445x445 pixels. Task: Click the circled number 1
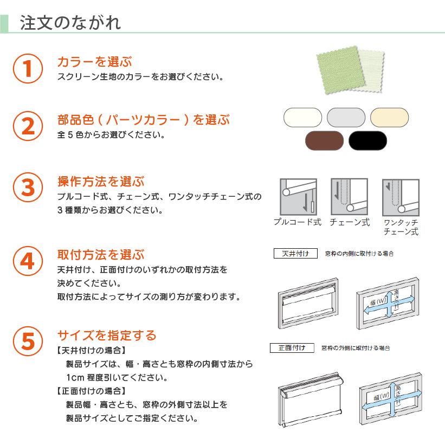(28, 68)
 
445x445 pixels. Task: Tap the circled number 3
(28, 188)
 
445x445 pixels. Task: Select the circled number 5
(28, 341)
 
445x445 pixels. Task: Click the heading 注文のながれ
(70, 23)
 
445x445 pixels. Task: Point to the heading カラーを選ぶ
(94, 62)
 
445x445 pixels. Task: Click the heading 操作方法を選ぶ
(101, 182)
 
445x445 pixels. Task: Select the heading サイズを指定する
(107, 335)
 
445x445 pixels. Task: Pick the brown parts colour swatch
(324, 140)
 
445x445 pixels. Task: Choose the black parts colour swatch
(367, 140)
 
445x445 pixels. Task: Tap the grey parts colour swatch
(346, 117)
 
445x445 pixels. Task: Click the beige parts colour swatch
(389, 117)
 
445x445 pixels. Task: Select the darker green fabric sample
(340, 69)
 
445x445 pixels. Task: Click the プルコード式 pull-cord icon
(298, 197)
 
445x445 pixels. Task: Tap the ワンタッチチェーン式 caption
(401, 227)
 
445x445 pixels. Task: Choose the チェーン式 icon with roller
(350, 197)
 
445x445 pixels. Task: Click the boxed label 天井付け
(295, 254)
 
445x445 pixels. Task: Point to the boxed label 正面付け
(292, 347)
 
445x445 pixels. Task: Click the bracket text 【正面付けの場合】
(91, 391)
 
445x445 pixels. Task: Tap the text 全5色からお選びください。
(111, 134)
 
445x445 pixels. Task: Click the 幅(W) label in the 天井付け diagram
(377, 301)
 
